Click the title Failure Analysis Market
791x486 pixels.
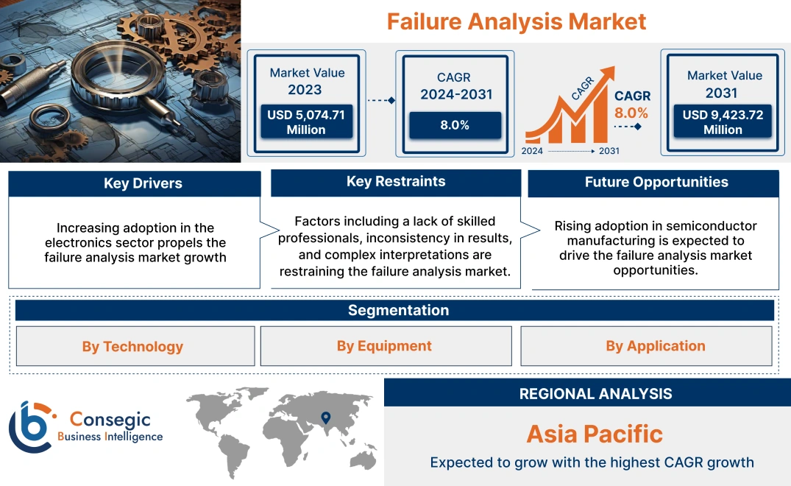(517, 21)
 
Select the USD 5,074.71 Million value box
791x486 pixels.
(305, 122)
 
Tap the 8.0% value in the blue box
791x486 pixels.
(455, 125)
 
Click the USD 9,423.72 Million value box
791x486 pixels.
(723, 122)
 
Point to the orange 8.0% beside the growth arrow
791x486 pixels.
(631, 113)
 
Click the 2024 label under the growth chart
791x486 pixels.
(533, 151)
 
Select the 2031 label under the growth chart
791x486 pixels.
(609, 151)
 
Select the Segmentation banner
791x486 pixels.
(398, 310)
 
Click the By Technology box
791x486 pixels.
(132, 346)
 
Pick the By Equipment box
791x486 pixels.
(384, 346)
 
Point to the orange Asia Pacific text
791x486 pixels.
(595, 434)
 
